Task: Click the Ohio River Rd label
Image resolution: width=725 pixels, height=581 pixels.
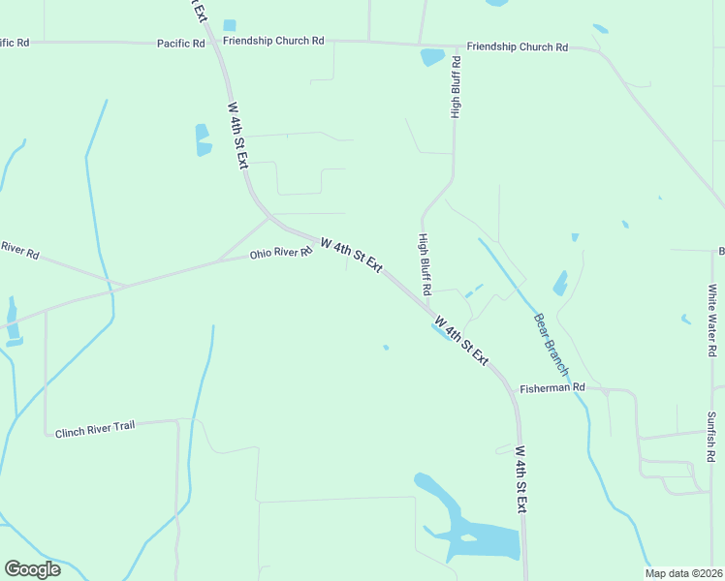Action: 280,253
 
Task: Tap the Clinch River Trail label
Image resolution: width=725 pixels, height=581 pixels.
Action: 95,427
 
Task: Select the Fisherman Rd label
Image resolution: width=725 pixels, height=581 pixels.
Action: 552,387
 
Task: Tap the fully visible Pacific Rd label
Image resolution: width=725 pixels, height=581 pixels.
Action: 182,44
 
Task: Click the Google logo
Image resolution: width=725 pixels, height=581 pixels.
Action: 32,569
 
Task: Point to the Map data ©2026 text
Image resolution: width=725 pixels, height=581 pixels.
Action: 682,573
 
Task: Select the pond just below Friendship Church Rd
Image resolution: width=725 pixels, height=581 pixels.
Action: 432,57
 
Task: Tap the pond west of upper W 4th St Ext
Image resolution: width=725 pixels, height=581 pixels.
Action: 203,139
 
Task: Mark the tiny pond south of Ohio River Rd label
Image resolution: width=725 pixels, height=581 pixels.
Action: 386,348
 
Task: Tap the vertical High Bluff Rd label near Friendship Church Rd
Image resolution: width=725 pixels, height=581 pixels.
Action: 456,87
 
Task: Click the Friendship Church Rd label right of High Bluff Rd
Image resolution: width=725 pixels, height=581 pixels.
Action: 517,46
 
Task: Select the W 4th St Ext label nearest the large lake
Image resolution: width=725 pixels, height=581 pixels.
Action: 521,479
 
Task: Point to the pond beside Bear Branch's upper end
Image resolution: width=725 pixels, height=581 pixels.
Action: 560,283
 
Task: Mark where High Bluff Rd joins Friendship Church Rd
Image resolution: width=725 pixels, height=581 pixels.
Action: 456,45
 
